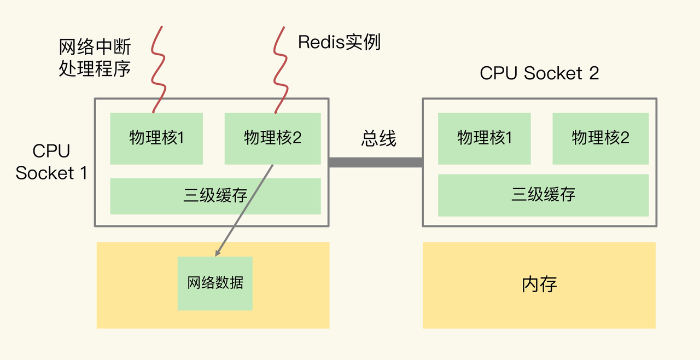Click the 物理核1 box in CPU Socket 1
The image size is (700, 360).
tap(156, 138)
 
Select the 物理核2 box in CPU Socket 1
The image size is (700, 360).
tap(272, 138)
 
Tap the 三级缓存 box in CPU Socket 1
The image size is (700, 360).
tap(215, 196)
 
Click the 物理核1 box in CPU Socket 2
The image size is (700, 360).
tap(485, 138)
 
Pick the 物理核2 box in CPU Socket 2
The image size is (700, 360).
tap(600, 138)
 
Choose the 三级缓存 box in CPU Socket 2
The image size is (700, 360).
tap(543, 195)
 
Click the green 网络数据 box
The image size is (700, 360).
tap(215, 283)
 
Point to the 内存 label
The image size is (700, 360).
tap(539, 284)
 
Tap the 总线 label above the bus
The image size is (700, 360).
tap(378, 138)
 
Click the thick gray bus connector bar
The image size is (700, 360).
tap(375, 162)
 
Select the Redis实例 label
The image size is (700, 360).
tap(339, 43)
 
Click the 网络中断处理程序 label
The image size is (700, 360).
tap(95, 58)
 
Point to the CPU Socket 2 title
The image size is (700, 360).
tap(539, 73)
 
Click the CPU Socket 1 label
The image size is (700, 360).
tap(51, 162)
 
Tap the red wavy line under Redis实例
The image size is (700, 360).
tap(281, 71)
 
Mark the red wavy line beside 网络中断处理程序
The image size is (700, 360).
tap(158, 71)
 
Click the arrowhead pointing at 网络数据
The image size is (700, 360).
tap(218, 253)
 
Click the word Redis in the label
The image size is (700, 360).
tap(315, 43)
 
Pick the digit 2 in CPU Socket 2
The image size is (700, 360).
tap(594, 73)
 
